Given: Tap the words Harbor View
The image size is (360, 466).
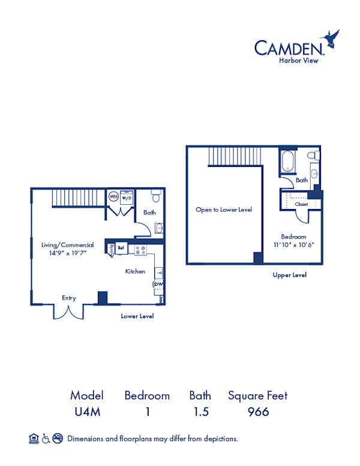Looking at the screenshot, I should (x=301, y=59).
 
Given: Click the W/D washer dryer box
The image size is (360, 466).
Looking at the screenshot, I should (x=127, y=197).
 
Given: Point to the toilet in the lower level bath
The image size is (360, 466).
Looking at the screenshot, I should (x=155, y=196).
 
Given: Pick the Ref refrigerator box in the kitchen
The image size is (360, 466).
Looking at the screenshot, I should (x=121, y=247).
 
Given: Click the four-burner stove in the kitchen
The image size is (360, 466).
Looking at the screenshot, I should (x=141, y=249).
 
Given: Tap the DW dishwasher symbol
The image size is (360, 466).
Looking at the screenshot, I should (x=159, y=283).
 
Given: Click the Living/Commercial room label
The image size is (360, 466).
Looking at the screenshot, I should (x=67, y=245).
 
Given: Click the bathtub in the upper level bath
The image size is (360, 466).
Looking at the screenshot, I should (x=287, y=161).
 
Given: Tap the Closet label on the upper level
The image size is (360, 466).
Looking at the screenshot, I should (x=301, y=204).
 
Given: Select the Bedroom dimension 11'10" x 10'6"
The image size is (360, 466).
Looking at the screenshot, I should (x=294, y=245).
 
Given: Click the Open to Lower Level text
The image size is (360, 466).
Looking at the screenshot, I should (x=224, y=210).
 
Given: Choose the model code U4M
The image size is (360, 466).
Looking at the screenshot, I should (x=87, y=411).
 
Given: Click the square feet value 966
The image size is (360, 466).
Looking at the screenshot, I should (x=257, y=411).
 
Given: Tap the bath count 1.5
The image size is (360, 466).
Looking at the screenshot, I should (x=200, y=411).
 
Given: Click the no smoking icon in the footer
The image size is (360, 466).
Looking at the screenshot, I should (x=58, y=438).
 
